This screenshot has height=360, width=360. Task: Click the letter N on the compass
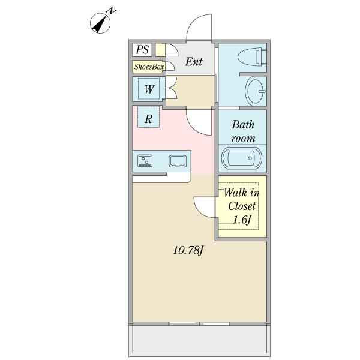coord(112,11)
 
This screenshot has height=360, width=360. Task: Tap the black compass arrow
coord(99,25)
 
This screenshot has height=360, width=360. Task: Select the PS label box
coord(142,50)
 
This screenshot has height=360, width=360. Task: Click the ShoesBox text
coord(149,67)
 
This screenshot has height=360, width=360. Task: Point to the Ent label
coord(194,62)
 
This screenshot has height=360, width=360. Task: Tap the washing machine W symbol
coord(149,89)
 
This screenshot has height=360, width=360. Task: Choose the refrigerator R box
coord(148,117)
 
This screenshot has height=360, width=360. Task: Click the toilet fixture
coord(252,57)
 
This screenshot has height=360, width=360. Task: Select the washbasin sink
coord(255,91)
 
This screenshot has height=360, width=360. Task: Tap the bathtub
coord(242,158)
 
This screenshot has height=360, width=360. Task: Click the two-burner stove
coord(145,161)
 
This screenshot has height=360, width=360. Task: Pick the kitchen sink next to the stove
coord(178,161)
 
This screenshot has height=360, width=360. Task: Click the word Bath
coord(243,125)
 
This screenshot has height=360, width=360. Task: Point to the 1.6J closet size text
coord(242,220)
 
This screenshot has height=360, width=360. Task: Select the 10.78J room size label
coord(188,250)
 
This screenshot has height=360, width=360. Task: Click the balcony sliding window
coord(199,323)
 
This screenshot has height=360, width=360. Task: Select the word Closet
coord(242,206)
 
